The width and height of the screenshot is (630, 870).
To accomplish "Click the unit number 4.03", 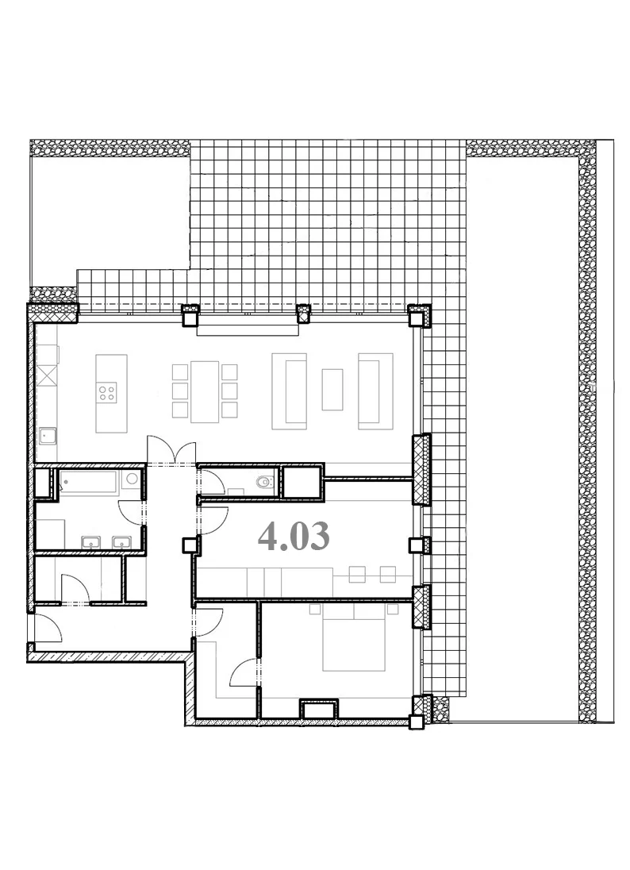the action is point(294,537).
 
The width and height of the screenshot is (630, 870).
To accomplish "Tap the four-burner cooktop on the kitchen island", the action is point(107,393).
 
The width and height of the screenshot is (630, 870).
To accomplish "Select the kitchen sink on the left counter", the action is point(47,436).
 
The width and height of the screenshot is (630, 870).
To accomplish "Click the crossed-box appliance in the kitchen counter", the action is point(48,375).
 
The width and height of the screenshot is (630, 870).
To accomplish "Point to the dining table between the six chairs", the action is point(205,391).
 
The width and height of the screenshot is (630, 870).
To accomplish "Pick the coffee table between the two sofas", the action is point(332,389).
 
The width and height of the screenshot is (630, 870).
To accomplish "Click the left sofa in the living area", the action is point(289,391).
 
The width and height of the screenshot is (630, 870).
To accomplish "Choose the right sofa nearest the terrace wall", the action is point(375,391).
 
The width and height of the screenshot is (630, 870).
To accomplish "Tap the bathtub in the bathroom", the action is point(88,482).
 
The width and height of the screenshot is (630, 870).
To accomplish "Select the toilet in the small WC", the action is point(266,482).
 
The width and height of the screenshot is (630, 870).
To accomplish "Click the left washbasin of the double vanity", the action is point(91,542).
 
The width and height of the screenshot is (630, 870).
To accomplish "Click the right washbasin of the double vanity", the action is point(122,542).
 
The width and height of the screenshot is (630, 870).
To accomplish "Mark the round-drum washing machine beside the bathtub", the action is point(132,480).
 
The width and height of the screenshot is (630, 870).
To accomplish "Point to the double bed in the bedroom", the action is point(354,637).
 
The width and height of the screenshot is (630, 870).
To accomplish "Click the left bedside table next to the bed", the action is point(315,609).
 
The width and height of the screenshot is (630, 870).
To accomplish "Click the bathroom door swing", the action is point(132,511).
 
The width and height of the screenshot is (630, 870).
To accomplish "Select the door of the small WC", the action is point(212,482).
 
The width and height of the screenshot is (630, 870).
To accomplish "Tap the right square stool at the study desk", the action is point(388,574).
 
